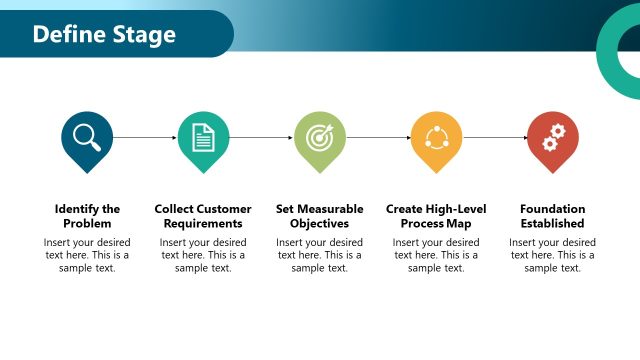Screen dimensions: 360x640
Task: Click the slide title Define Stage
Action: pyautogui.click(x=104, y=35)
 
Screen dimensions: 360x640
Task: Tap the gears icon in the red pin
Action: pyautogui.click(x=552, y=137)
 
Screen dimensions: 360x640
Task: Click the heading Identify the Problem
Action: pyautogui.click(x=87, y=216)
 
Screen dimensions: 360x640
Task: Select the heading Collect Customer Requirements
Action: pyautogui.click(x=203, y=216)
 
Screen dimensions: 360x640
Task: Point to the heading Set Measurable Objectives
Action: pyautogui.click(x=320, y=216)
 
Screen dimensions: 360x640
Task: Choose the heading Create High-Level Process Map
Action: pyautogui.click(x=436, y=216)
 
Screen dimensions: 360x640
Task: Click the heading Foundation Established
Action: pyautogui.click(x=552, y=216)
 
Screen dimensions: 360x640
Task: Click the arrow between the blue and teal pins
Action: pyautogui.click(x=145, y=137)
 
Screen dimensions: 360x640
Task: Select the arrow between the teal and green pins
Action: pyautogui.click(x=261, y=137)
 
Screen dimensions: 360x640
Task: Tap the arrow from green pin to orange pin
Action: pyautogui.click(x=378, y=137)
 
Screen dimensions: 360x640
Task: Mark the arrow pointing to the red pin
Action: pyautogui.click(x=494, y=137)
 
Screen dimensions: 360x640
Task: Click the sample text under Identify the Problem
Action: pyautogui.click(x=87, y=255)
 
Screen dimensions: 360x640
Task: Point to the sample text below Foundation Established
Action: pyautogui.click(x=552, y=255)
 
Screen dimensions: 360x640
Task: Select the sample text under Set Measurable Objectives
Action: pyautogui.click(x=320, y=255)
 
